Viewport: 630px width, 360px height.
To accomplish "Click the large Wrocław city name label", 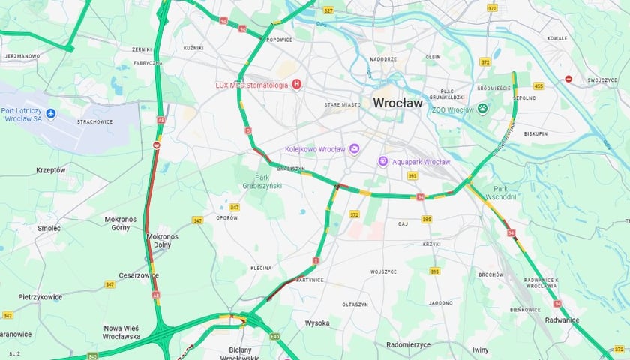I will coord(397,102).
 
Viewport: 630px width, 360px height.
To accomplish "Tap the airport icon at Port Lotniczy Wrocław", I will coord(51,113).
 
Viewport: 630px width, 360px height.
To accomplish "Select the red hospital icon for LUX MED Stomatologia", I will coord(297,85).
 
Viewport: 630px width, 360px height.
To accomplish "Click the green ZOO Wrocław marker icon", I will coord(483,109).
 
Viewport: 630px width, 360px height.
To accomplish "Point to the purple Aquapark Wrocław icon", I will coord(382,161).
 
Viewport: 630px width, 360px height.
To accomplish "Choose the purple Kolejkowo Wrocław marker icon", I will coord(354,148).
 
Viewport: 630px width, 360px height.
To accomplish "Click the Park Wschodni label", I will coord(501,193).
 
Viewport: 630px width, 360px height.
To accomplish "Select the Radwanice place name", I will coord(562,320).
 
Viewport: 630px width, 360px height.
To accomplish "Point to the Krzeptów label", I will coord(51,170).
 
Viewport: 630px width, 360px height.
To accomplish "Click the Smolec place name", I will coord(49,228).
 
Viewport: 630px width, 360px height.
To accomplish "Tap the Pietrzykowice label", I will coord(40,297).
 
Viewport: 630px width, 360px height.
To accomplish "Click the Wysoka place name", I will coord(317,323).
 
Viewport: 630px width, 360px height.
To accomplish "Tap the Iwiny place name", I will coord(481,349).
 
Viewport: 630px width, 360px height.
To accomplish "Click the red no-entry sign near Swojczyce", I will coord(568,79).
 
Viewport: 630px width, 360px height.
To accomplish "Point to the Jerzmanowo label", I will coord(22,56).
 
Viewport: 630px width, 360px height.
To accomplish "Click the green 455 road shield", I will coord(538,86).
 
